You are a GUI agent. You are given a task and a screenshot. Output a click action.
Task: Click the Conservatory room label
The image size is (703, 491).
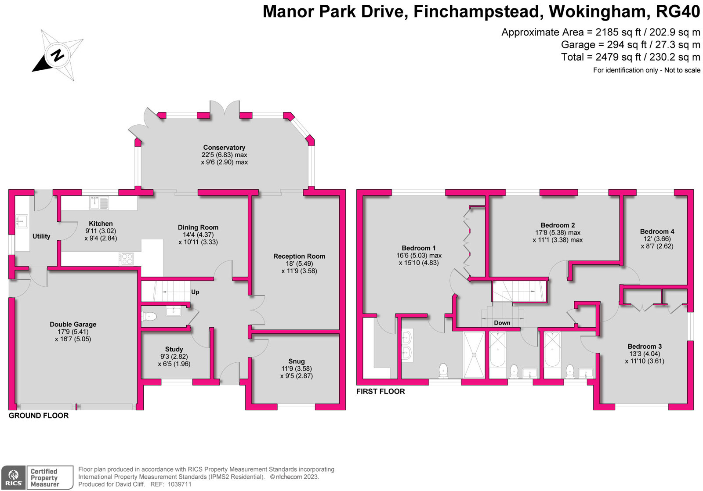tap(224, 148)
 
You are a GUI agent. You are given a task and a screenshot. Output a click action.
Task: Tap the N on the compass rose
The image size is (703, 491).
tap(58, 56)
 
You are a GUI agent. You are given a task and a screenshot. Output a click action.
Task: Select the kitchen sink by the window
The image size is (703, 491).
tap(99, 202)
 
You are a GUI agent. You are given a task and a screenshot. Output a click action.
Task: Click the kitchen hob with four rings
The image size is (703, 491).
tap(126, 259)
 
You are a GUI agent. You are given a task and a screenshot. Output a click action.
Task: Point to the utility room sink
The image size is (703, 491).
tap(22, 221)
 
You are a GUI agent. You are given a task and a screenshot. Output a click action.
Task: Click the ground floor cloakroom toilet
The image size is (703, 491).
tap(149, 316)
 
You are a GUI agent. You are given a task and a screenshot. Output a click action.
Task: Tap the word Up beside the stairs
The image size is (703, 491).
tap(195, 292)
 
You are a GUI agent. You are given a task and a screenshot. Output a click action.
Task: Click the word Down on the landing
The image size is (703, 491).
tap(502, 323)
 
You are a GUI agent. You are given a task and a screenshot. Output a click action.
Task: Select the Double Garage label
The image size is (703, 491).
tap(73, 325)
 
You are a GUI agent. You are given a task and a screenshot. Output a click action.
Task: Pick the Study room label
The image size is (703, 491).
tap(174, 349)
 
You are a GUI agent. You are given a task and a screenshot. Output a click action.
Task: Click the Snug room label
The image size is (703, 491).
tap(296, 361)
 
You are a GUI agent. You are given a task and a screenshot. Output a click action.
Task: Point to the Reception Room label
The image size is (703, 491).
tap(299, 256)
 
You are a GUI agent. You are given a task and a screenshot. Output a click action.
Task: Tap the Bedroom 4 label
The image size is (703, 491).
tap(657, 231)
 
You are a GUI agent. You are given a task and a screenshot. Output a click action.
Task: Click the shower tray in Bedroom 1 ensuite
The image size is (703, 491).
tap(474, 354)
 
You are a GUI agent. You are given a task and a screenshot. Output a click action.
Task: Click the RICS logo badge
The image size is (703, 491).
tap(14, 477)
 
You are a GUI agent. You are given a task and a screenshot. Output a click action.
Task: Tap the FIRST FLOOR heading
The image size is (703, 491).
tap(380, 392)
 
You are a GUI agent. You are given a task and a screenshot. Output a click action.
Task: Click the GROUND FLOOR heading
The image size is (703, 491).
tap(39, 416)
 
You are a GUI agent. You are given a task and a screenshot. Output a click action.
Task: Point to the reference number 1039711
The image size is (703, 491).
tap(179, 484)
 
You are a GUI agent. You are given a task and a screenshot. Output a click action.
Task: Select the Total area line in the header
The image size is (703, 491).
tap(631, 57)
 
